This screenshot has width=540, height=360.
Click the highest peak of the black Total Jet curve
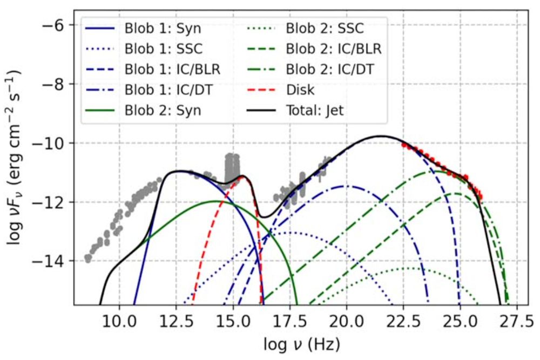pos(381,136)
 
